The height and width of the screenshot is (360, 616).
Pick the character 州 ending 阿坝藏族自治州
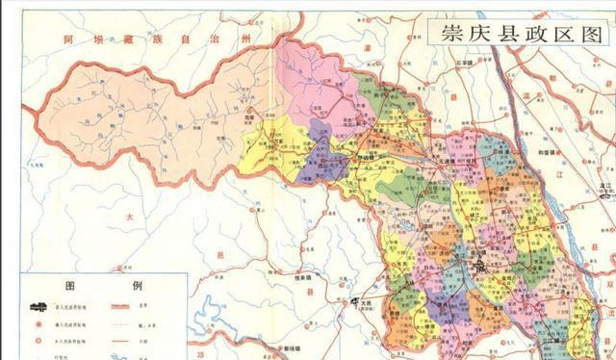click(252, 37)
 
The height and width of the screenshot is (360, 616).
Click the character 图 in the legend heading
click(70, 286)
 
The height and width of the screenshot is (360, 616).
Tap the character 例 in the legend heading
click(135, 286)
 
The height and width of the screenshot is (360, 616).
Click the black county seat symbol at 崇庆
click(474, 258)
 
